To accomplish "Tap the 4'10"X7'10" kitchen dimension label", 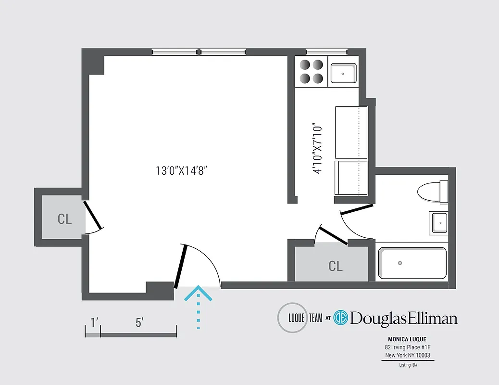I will point(316,149).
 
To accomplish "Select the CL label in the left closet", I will point(64,219).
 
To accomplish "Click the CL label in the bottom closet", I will point(336,266).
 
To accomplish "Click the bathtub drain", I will point(399,263).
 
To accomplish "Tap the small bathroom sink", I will point(438,222).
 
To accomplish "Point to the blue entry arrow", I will point(198,306).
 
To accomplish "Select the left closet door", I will point(93,215).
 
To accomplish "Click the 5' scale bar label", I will point(139,323).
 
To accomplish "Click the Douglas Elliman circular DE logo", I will point(340,318).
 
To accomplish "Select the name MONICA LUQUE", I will point(408,339).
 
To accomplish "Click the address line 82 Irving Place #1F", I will point(408,347).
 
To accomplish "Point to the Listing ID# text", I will point(408,365).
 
